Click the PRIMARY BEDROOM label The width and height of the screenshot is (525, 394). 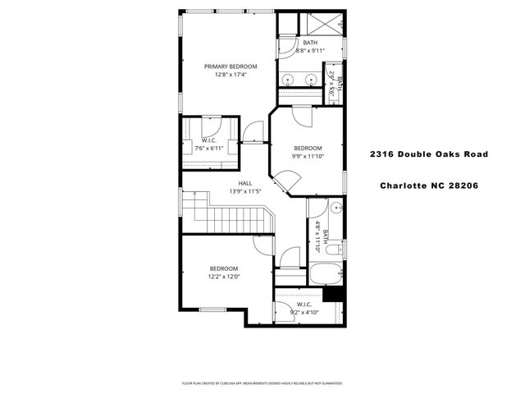click(231, 66)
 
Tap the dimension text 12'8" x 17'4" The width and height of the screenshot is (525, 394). click(231, 75)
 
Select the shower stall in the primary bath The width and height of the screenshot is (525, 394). click(326, 24)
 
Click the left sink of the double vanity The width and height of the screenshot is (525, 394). click(290, 80)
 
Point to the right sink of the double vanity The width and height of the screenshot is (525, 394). click(312, 80)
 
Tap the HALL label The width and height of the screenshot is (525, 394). click(244, 184)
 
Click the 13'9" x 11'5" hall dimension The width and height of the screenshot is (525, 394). click(244, 192)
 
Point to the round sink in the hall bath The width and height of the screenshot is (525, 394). click(337, 210)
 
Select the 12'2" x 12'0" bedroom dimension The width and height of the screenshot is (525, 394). click(223, 277)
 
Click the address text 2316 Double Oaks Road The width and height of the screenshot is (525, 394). click(428, 154)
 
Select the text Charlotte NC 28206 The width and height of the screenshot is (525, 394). click(428, 185)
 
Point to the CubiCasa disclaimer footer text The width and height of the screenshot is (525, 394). click(262, 383)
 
